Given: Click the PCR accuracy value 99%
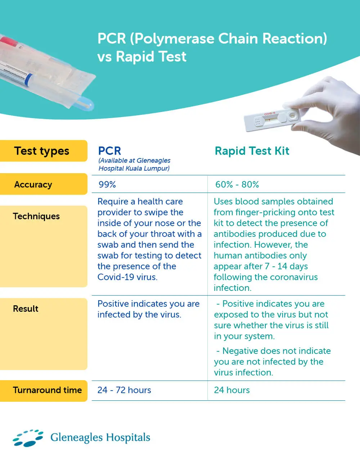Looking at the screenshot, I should point(107,185).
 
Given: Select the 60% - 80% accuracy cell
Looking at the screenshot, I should point(237,185).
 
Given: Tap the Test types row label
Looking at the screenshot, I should point(42,151).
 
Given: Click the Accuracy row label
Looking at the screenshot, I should point(33,185).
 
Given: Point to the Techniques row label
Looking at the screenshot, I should point(36,216).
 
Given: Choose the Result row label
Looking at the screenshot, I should point(26,309).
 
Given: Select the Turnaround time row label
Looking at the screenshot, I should point(47,390).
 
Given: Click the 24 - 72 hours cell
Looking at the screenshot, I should point(124,390).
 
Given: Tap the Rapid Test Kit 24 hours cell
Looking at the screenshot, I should point(231,390).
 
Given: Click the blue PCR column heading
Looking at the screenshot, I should point(109,151).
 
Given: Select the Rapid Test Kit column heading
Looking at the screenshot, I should point(252,151).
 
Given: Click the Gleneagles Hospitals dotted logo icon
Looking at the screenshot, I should point(28,438).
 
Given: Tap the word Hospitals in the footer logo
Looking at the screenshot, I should point(128,438).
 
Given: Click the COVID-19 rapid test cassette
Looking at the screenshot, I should point(270,120).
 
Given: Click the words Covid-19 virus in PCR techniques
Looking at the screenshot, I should point(127,277).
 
